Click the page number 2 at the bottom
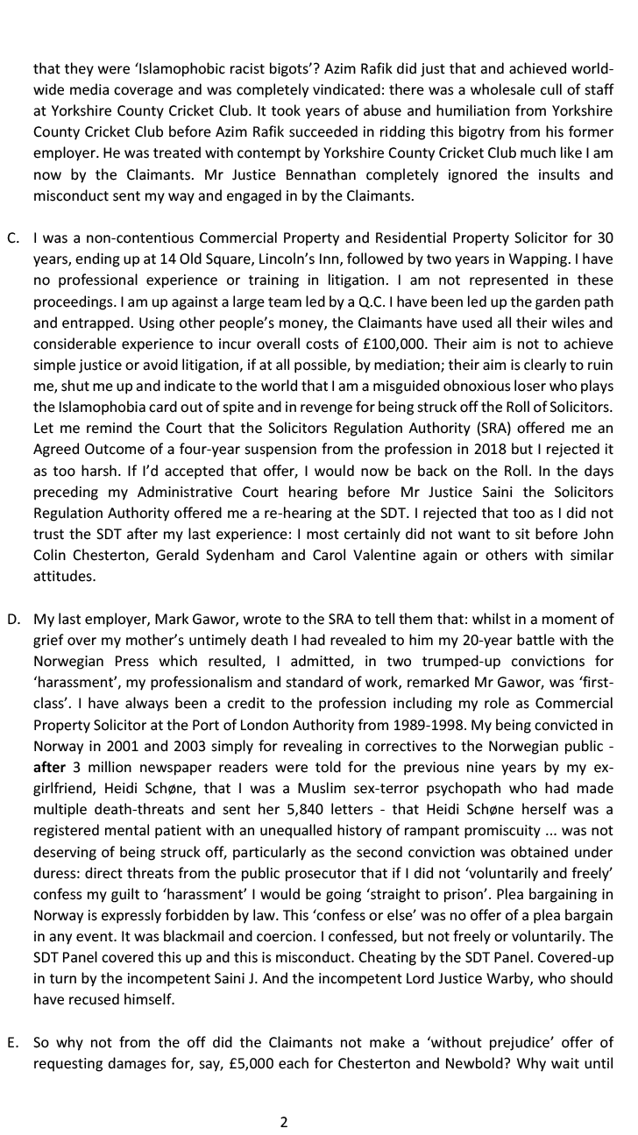(x=283, y=1122)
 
